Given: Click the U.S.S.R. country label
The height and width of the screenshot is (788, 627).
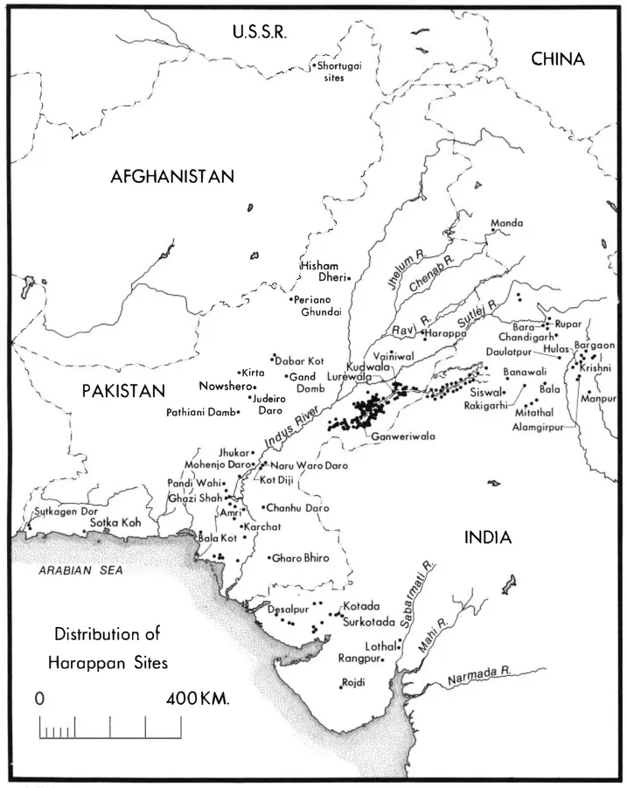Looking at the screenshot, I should (260, 32).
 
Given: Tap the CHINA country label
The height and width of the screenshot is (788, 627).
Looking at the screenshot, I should (558, 59).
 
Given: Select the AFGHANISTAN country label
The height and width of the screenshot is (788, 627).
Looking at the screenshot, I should (172, 177).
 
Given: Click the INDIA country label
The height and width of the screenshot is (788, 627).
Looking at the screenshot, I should (487, 538).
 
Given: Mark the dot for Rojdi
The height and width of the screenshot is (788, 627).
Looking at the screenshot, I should (340, 685).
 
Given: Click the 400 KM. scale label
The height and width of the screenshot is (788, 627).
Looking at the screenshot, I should (197, 700).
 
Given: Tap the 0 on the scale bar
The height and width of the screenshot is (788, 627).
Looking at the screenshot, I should (39, 700).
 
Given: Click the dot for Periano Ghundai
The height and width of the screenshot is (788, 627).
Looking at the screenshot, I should (292, 299).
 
